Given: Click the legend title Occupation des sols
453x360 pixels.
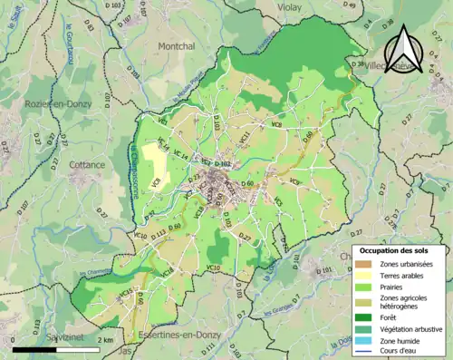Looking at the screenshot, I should (400, 250).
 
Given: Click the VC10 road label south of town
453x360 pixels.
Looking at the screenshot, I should (213, 268).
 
